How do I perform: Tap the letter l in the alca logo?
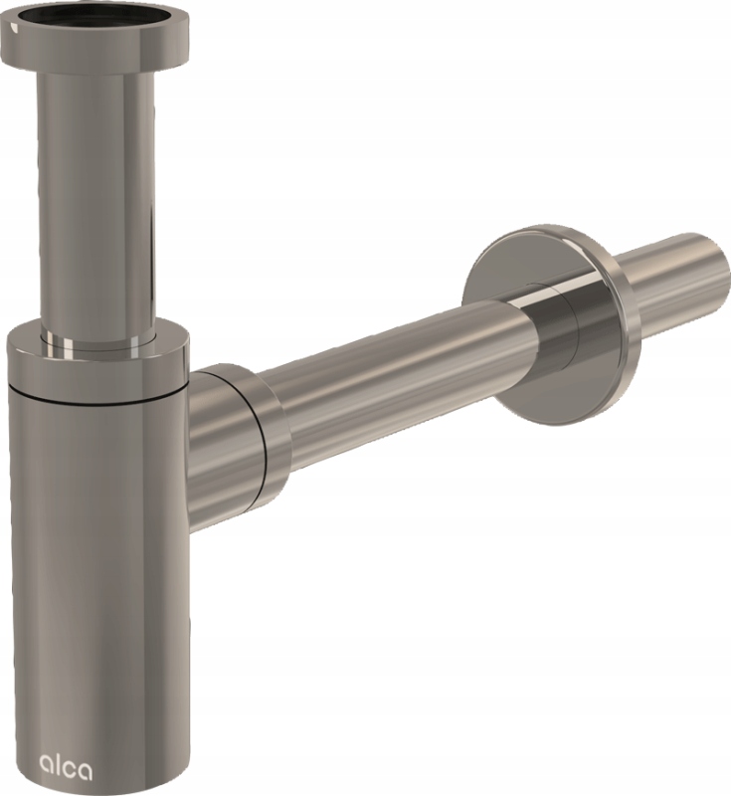tap(53, 752)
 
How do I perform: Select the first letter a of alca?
tap(45, 756)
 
